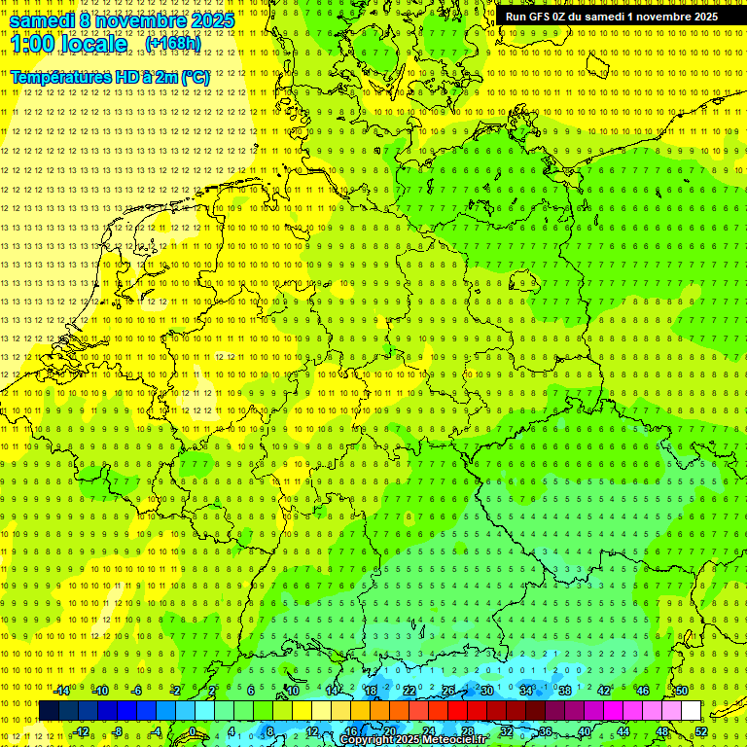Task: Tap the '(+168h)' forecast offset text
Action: [x=172, y=43]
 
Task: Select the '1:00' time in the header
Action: [x=32, y=44]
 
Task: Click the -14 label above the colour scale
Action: [x=61, y=691]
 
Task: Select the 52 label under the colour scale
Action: [x=701, y=731]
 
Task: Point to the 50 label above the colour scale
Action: [x=682, y=691]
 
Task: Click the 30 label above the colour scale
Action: [x=486, y=691]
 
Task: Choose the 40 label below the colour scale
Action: [x=584, y=731]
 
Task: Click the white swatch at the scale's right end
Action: [x=692, y=711]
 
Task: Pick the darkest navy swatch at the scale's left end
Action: [x=49, y=711]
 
